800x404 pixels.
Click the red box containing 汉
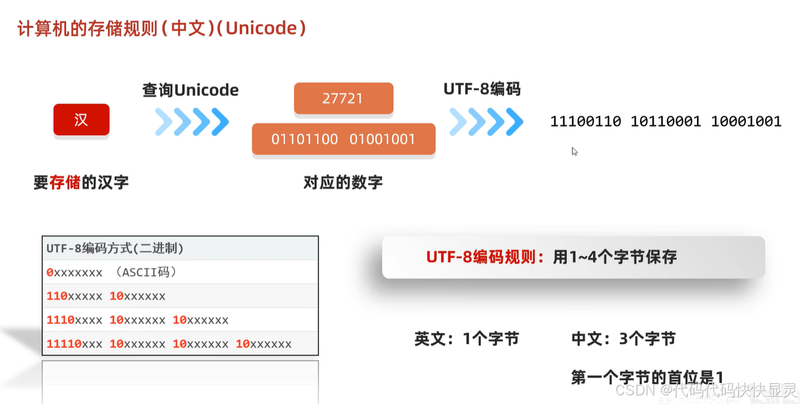pos(81,120)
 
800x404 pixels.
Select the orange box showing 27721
pos(343,99)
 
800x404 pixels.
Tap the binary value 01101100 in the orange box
pos(305,139)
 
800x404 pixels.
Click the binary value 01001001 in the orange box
pos(382,139)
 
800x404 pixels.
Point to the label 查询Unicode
pos(190,90)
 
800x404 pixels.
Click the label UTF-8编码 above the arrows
pos(482,89)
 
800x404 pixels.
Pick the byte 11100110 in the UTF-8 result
pos(585,121)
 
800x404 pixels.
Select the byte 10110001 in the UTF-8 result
pos(666,121)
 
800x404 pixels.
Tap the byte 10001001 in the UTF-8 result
pos(746,121)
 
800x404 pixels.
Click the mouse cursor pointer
pos(574,151)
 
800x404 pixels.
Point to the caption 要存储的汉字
pos(81,183)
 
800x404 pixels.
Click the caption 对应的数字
pos(343,183)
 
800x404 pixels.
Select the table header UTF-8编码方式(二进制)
pos(115,249)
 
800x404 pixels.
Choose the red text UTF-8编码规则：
pos(486,257)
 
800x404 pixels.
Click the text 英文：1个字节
pos(467,339)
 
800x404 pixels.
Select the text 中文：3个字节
pos(623,339)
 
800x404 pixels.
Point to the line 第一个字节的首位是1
pos(647,377)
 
